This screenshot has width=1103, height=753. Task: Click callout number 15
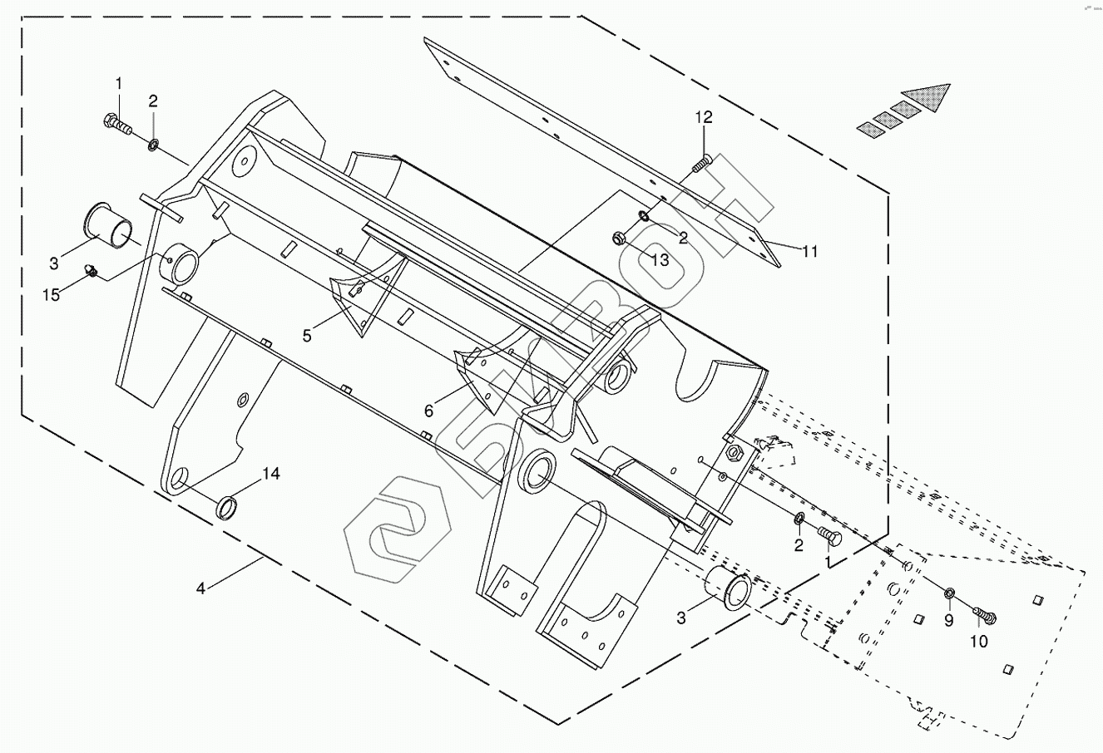tap(52, 295)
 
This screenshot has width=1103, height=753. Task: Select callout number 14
tap(271, 475)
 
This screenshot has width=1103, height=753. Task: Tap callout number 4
tap(200, 588)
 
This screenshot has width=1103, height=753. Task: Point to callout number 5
tap(307, 336)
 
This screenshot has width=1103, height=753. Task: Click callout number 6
tap(429, 411)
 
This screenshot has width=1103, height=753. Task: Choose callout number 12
tap(705, 118)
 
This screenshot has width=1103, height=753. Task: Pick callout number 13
tap(660, 260)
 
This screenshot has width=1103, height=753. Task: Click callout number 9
tap(948, 620)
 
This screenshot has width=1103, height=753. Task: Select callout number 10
tap(978, 642)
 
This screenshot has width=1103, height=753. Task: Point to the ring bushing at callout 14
tap(227, 507)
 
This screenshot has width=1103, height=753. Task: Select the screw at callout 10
tap(986, 616)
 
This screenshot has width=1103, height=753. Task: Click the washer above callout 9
tap(948, 593)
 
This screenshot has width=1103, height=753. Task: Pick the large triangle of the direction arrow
tap(928, 97)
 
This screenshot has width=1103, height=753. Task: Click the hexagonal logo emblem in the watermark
tap(397, 529)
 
